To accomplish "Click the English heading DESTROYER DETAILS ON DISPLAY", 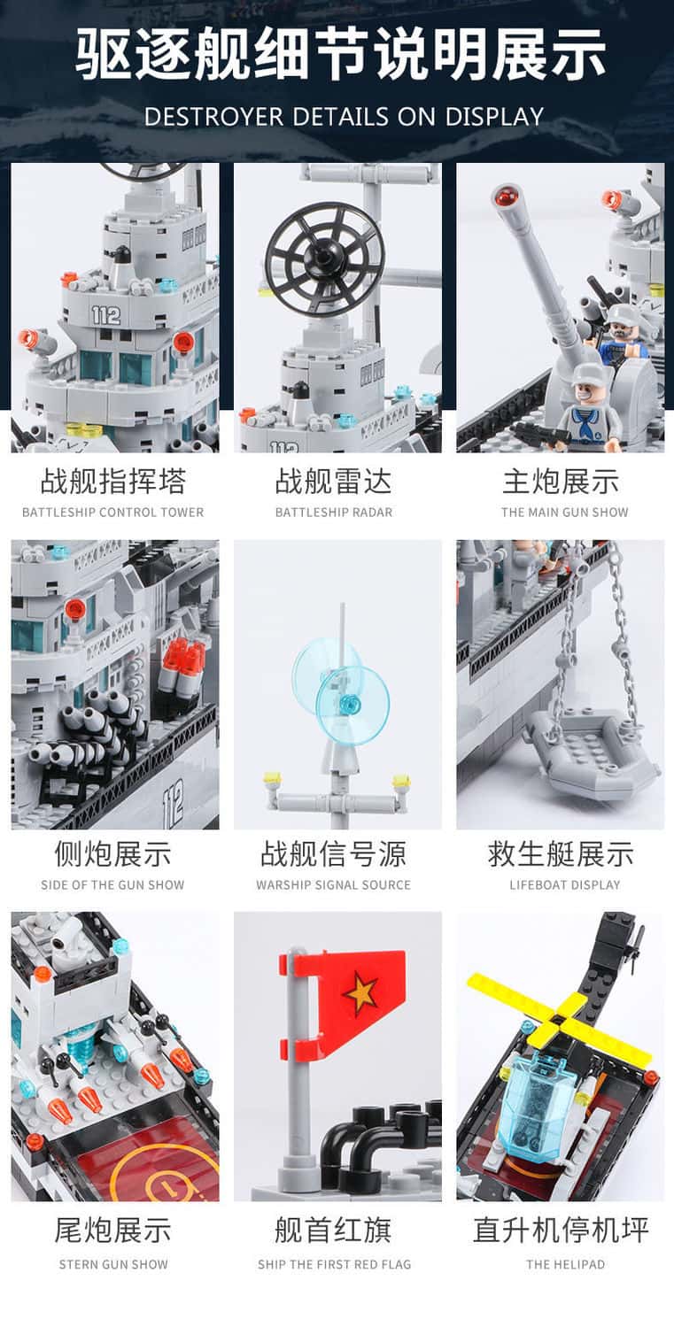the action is tap(344, 116).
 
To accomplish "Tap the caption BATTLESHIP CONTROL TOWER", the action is tap(112, 513).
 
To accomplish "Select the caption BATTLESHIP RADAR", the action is tap(334, 513).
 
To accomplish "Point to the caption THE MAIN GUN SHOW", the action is tap(564, 513).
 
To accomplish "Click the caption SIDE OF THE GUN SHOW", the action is tap(112, 885).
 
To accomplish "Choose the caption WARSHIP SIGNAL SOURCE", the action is tap(333, 885).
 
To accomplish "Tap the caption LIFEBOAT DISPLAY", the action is tap(564, 885).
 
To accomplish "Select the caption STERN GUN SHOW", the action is tap(113, 1264).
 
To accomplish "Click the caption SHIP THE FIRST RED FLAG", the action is tap(334, 1264).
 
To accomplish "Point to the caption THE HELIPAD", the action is tap(565, 1264).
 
